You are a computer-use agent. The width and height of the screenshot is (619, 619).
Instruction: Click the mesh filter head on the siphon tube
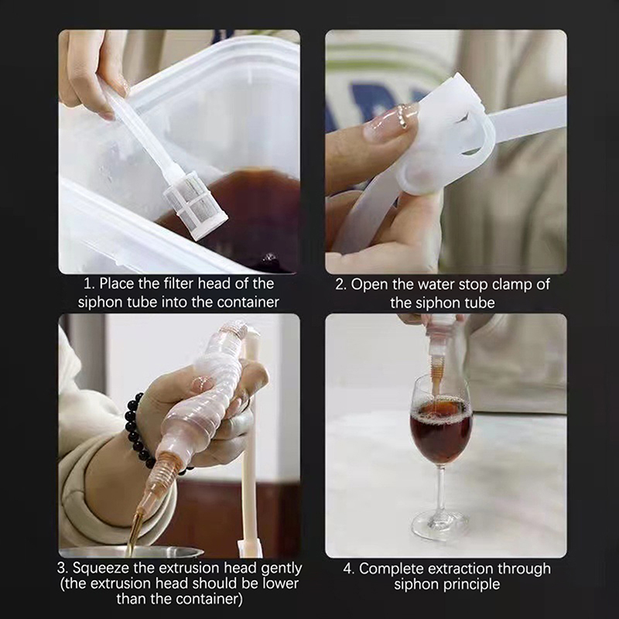coord(196,207)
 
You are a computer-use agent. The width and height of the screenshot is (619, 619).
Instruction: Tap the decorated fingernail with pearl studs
coord(391,123)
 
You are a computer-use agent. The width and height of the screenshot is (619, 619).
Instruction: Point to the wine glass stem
coord(440,491)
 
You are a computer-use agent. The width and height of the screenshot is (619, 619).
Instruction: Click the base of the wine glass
coord(439,526)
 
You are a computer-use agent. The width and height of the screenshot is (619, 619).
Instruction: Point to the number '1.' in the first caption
coord(89,283)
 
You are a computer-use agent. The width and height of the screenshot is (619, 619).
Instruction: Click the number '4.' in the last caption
coord(349,569)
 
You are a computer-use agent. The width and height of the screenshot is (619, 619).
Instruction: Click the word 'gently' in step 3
coord(282,569)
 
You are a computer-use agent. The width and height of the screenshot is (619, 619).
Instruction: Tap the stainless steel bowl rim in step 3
coord(131,551)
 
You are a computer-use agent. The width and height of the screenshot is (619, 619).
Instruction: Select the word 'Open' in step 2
coord(369,285)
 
